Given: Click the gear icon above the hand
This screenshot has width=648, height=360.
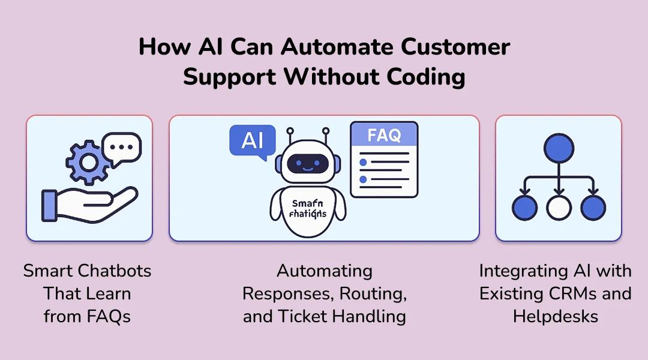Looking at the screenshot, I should tap(88, 162).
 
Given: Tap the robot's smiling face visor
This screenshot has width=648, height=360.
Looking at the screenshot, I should tap(308, 164).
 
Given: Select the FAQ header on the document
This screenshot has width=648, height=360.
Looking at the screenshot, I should tap(384, 135).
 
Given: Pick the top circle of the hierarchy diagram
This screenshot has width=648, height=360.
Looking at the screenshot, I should tap(559, 146).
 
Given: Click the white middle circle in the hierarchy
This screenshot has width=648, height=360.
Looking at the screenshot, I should tap(559, 207).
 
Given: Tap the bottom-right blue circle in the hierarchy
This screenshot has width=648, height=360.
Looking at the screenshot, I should tap(593, 207).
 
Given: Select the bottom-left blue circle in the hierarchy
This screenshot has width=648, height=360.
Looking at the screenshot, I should tap(524, 207).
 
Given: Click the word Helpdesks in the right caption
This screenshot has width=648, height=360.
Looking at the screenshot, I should tap(555, 316).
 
